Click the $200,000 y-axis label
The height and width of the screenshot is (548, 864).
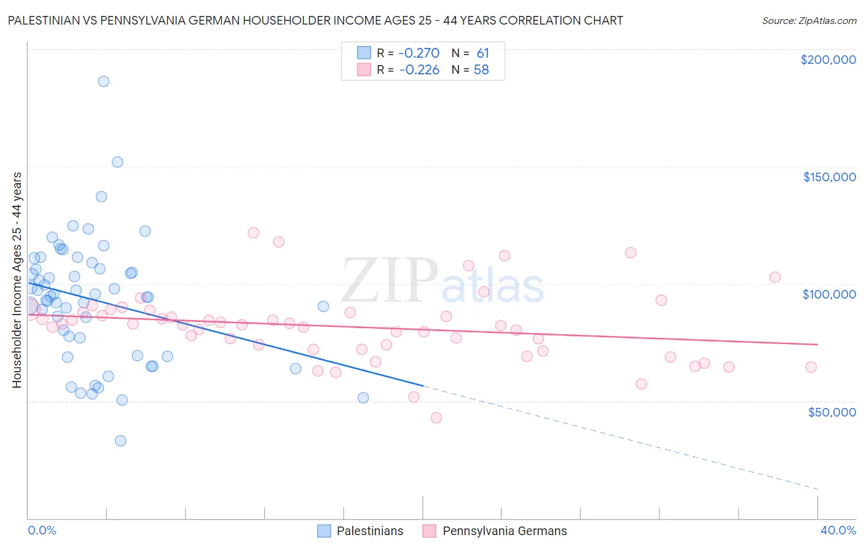coord(828,60)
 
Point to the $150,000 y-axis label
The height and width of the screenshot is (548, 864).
coord(829,177)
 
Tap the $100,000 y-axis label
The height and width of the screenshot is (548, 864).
coord(829,294)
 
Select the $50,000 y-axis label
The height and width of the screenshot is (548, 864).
coord(831,412)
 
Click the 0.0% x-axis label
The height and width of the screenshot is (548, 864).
coord(42,530)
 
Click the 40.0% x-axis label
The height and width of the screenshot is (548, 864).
coord(838,530)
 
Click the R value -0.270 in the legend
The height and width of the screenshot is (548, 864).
coord(419,53)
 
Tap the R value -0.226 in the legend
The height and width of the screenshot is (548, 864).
coord(419,69)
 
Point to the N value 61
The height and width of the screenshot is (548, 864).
coord(482,53)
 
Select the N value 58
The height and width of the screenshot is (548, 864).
coord(481,69)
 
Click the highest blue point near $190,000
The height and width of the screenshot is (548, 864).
coord(104,81)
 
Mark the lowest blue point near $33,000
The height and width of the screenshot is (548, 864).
coord(120,440)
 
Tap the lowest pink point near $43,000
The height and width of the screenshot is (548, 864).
coord(436,418)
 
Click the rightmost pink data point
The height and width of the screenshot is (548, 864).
coord(811,367)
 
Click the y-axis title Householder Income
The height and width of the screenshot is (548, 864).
coord(17,280)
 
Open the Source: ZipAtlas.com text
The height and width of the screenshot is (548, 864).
coord(809,21)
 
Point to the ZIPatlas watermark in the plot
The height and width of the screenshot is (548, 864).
coord(442,281)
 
